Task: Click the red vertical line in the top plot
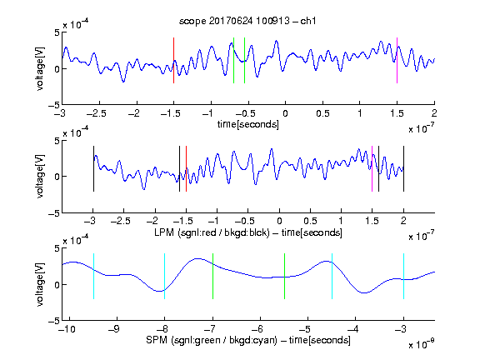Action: [x=173, y=60]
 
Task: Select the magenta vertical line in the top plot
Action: [x=397, y=60]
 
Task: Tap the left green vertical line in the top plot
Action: [x=233, y=60]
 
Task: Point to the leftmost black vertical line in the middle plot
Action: [x=93, y=168]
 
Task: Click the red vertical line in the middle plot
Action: [x=186, y=168]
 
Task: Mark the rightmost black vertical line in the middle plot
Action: [x=403, y=168]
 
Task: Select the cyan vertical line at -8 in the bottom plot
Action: [x=165, y=276]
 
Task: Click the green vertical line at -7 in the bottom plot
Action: [x=212, y=276]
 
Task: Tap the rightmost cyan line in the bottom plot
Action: [x=403, y=276]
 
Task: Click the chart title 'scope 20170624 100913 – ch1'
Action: [x=247, y=21]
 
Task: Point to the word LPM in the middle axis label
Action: [x=164, y=232]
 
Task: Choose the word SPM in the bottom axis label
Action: [x=157, y=340]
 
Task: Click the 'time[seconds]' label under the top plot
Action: [x=248, y=124]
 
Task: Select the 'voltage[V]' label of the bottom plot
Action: [x=40, y=284]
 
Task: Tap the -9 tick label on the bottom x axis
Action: [x=114, y=329]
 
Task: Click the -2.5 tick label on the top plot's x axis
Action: [x=97, y=113]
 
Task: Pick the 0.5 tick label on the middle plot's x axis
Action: [x=310, y=221]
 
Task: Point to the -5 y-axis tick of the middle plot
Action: [x=54, y=213]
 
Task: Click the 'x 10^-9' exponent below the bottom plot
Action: [x=422, y=344]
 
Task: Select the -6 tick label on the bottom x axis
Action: [x=257, y=329]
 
